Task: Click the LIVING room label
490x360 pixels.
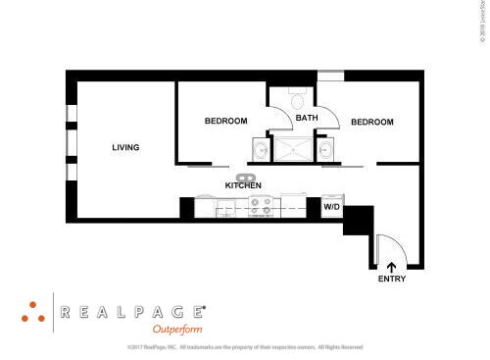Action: coord(125,148)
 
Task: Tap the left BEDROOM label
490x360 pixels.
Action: coord(225,122)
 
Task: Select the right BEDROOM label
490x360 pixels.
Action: coord(371,122)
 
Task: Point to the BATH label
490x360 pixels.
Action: coord(307,119)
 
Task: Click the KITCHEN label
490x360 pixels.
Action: coord(242,185)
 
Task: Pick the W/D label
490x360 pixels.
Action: coord(331,207)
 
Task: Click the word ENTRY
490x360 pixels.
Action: coord(391,280)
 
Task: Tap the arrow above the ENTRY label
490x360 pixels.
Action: coord(391,265)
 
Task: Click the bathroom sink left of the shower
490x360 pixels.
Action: coord(261,149)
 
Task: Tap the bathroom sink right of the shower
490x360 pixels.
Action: coord(324,149)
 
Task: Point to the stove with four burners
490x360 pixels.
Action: coord(262,206)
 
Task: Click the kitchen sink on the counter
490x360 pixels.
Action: coord(240,176)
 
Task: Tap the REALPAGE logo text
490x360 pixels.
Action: coord(132,312)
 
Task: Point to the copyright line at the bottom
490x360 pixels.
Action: coord(245,347)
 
